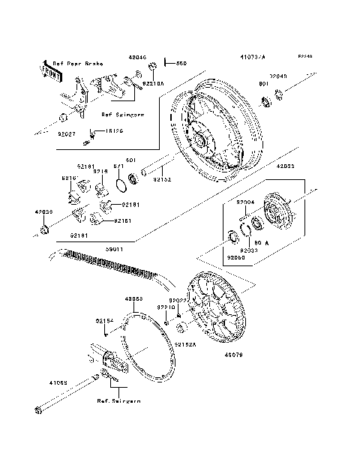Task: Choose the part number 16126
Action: coord(112,130)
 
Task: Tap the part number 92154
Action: coord(105,320)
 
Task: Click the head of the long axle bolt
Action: coord(37,409)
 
